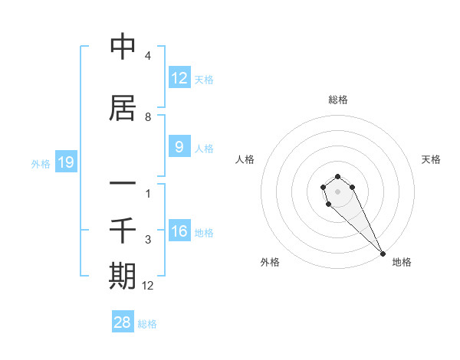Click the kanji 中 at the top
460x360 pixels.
tap(123, 47)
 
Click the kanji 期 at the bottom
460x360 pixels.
tap(123, 275)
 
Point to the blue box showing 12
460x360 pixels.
tap(179, 78)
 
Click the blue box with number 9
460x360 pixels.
tap(179, 147)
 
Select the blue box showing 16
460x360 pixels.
tap(179, 231)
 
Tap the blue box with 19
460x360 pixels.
tap(65, 162)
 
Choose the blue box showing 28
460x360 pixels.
tap(123, 322)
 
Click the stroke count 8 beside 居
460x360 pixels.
tap(148, 117)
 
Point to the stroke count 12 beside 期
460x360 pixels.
tap(148, 286)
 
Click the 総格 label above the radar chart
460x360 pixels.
tap(338, 100)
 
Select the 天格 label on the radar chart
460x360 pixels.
tap(432, 159)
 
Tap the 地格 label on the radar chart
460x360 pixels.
tap(402, 262)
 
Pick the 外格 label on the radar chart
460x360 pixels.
tap(270, 262)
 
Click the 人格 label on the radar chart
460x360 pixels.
tap(245, 159)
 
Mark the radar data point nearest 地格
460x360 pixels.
tap(383, 254)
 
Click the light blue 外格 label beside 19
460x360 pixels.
tap(41, 163)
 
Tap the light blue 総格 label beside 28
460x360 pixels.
tap(147, 323)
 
